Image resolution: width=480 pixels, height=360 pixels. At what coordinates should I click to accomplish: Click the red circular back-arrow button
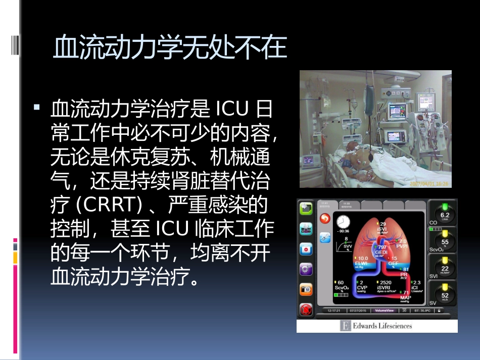tap(325, 218)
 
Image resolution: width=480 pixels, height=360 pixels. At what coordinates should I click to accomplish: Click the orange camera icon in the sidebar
tap(306, 289)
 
